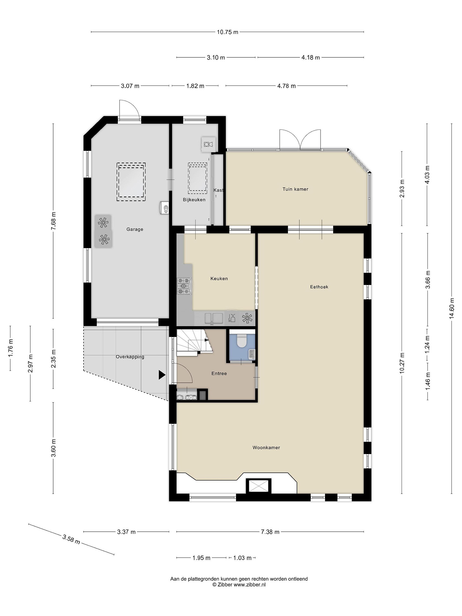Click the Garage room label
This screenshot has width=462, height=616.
point(135,229)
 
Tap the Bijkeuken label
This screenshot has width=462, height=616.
point(194,200)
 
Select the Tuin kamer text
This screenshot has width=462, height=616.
point(295,189)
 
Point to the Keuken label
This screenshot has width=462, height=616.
point(219,278)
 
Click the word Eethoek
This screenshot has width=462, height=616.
point(319,287)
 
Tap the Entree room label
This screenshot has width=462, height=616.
point(219,373)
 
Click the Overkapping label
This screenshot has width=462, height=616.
point(130,357)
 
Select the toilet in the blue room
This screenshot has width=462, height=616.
point(241,341)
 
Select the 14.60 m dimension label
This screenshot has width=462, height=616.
point(452,308)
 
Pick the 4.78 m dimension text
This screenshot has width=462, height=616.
point(286,86)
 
